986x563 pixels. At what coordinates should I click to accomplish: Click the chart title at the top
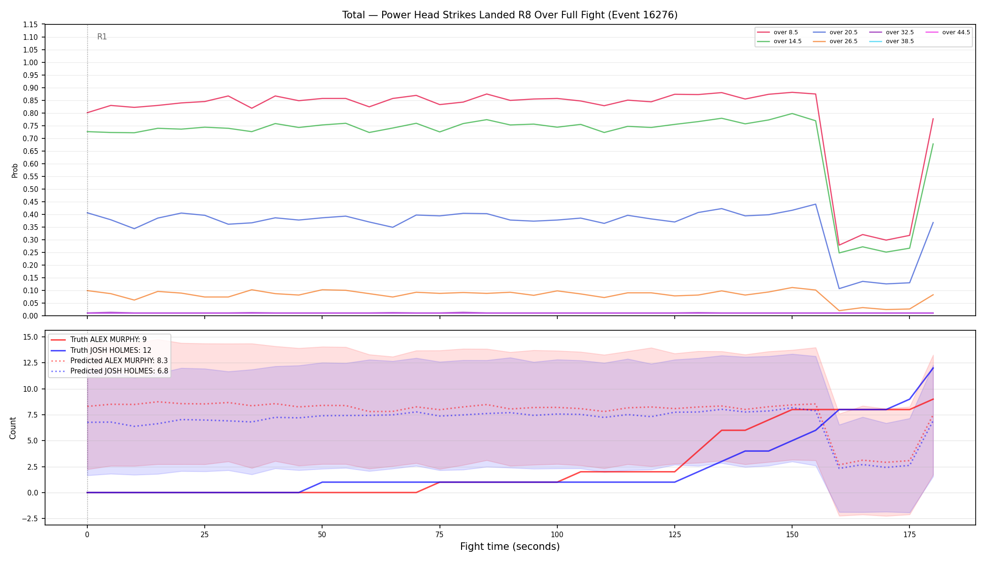point(510,15)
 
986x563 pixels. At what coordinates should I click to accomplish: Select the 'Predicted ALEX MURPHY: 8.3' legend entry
point(109,360)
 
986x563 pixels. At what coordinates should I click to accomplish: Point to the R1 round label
point(102,37)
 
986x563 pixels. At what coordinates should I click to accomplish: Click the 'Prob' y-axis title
point(15,170)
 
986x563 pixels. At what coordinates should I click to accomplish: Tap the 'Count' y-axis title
point(13,428)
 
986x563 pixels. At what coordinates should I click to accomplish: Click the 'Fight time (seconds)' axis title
point(510,547)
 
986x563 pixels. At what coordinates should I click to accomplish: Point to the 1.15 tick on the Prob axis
point(31,24)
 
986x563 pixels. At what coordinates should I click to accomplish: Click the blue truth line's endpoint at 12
point(933,368)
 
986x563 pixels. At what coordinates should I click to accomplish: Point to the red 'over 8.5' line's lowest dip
point(839,245)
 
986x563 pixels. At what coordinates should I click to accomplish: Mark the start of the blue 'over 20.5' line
point(87,213)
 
